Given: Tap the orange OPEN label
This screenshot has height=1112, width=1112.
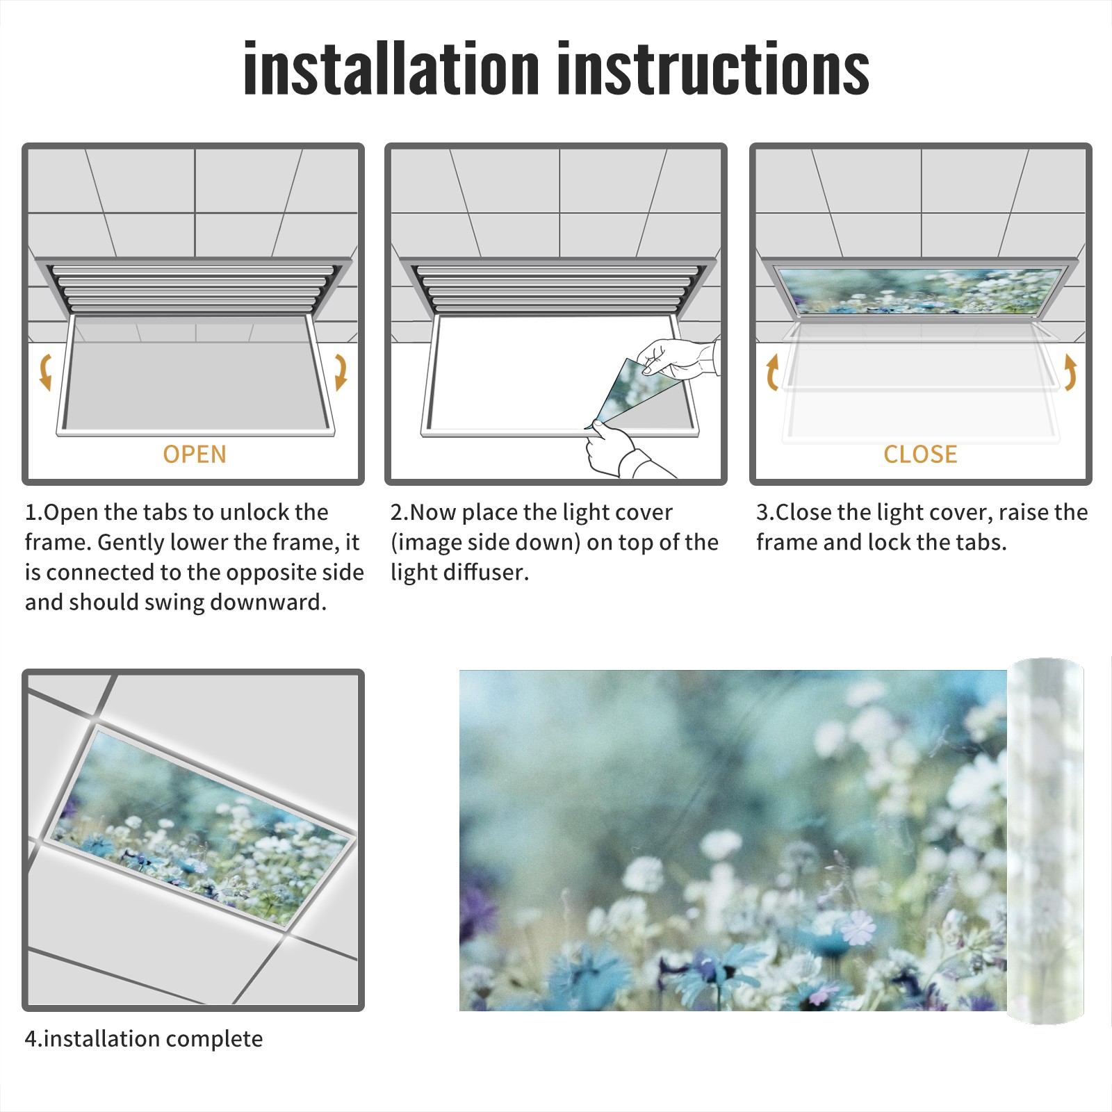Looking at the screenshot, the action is (x=195, y=454).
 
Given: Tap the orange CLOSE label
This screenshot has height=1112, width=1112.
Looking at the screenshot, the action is (x=920, y=454).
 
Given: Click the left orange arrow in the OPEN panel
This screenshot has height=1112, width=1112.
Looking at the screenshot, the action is (x=45, y=372).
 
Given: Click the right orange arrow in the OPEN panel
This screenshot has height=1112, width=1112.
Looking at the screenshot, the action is (x=341, y=372).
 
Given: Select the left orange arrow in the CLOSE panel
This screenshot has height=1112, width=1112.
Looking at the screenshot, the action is (x=772, y=372).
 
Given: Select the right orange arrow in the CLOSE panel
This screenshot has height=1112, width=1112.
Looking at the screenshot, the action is (x=1070, y=372).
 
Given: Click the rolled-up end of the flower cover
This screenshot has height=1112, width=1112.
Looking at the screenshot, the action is (x=1046, y=841).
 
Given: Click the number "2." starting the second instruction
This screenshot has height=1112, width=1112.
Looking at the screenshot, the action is (x=400, y=512).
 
